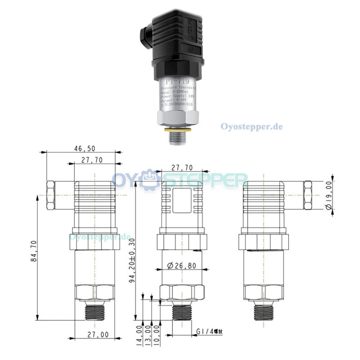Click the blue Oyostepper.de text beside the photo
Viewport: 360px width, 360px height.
tap(251, 127)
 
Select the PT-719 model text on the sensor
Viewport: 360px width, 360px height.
tap(176, 81)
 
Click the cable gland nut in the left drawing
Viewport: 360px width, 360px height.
tap(51, 195)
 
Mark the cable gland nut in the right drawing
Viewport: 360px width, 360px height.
tap(307, 195)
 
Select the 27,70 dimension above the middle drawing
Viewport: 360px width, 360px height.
tap(181, 167)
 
